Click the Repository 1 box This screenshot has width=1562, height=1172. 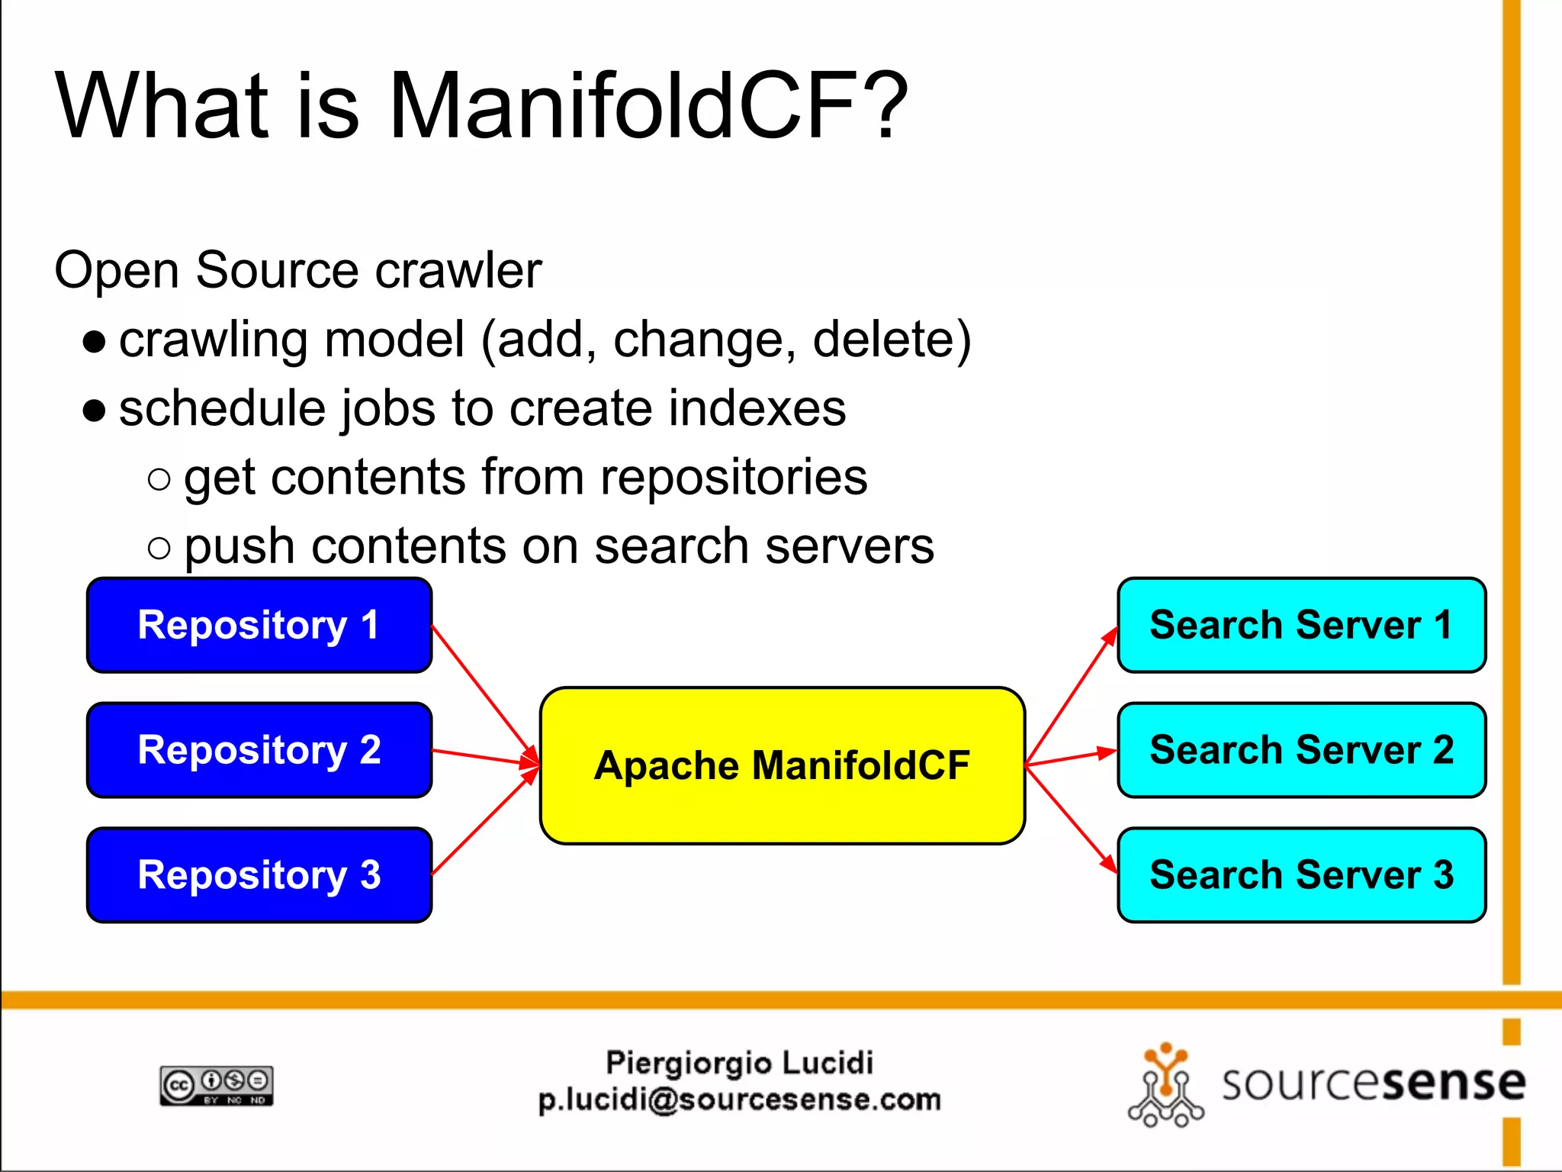(x=259, y=625)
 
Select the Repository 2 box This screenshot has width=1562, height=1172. (x=259, y=750)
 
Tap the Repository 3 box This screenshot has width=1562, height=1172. (x=259, y=875)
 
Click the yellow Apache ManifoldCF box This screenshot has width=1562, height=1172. (x=782, y=765)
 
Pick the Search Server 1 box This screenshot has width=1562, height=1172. (x=1301, y=625)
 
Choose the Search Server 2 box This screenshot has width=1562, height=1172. (x=1301, y=750)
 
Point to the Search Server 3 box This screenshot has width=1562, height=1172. (x=1301, y=875)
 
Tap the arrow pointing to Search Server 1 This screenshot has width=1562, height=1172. (x=1071, y=696)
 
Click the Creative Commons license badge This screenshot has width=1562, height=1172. (x=217, y=1085)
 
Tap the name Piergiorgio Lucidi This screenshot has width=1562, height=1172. (x=739, y=1062)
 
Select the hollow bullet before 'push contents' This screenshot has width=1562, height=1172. (x=159, y=547)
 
